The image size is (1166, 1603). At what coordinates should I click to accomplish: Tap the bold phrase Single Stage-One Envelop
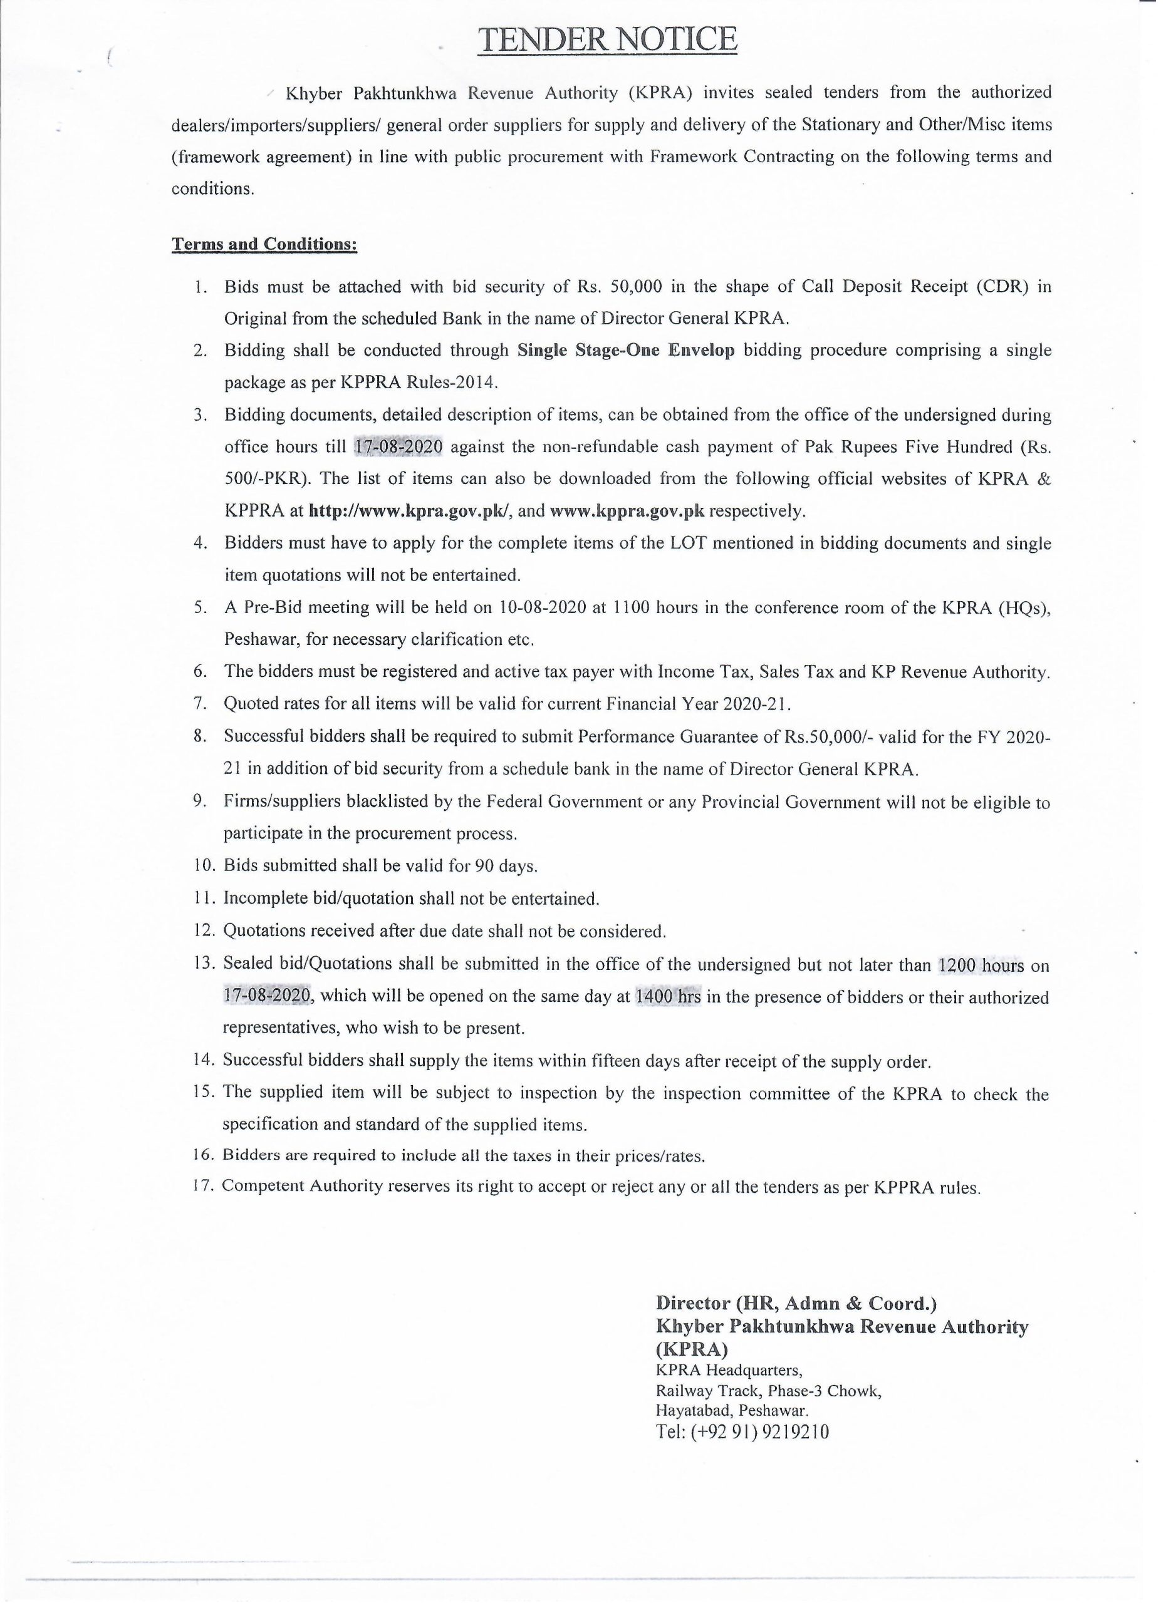(626, 351)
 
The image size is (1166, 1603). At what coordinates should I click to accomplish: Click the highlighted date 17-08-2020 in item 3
(397, 447)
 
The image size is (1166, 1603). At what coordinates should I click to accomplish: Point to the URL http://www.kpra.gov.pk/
(409, 511)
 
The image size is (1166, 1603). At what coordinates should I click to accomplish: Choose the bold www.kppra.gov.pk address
(627, 511)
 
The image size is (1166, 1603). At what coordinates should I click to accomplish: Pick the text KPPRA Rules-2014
(420, 383)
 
